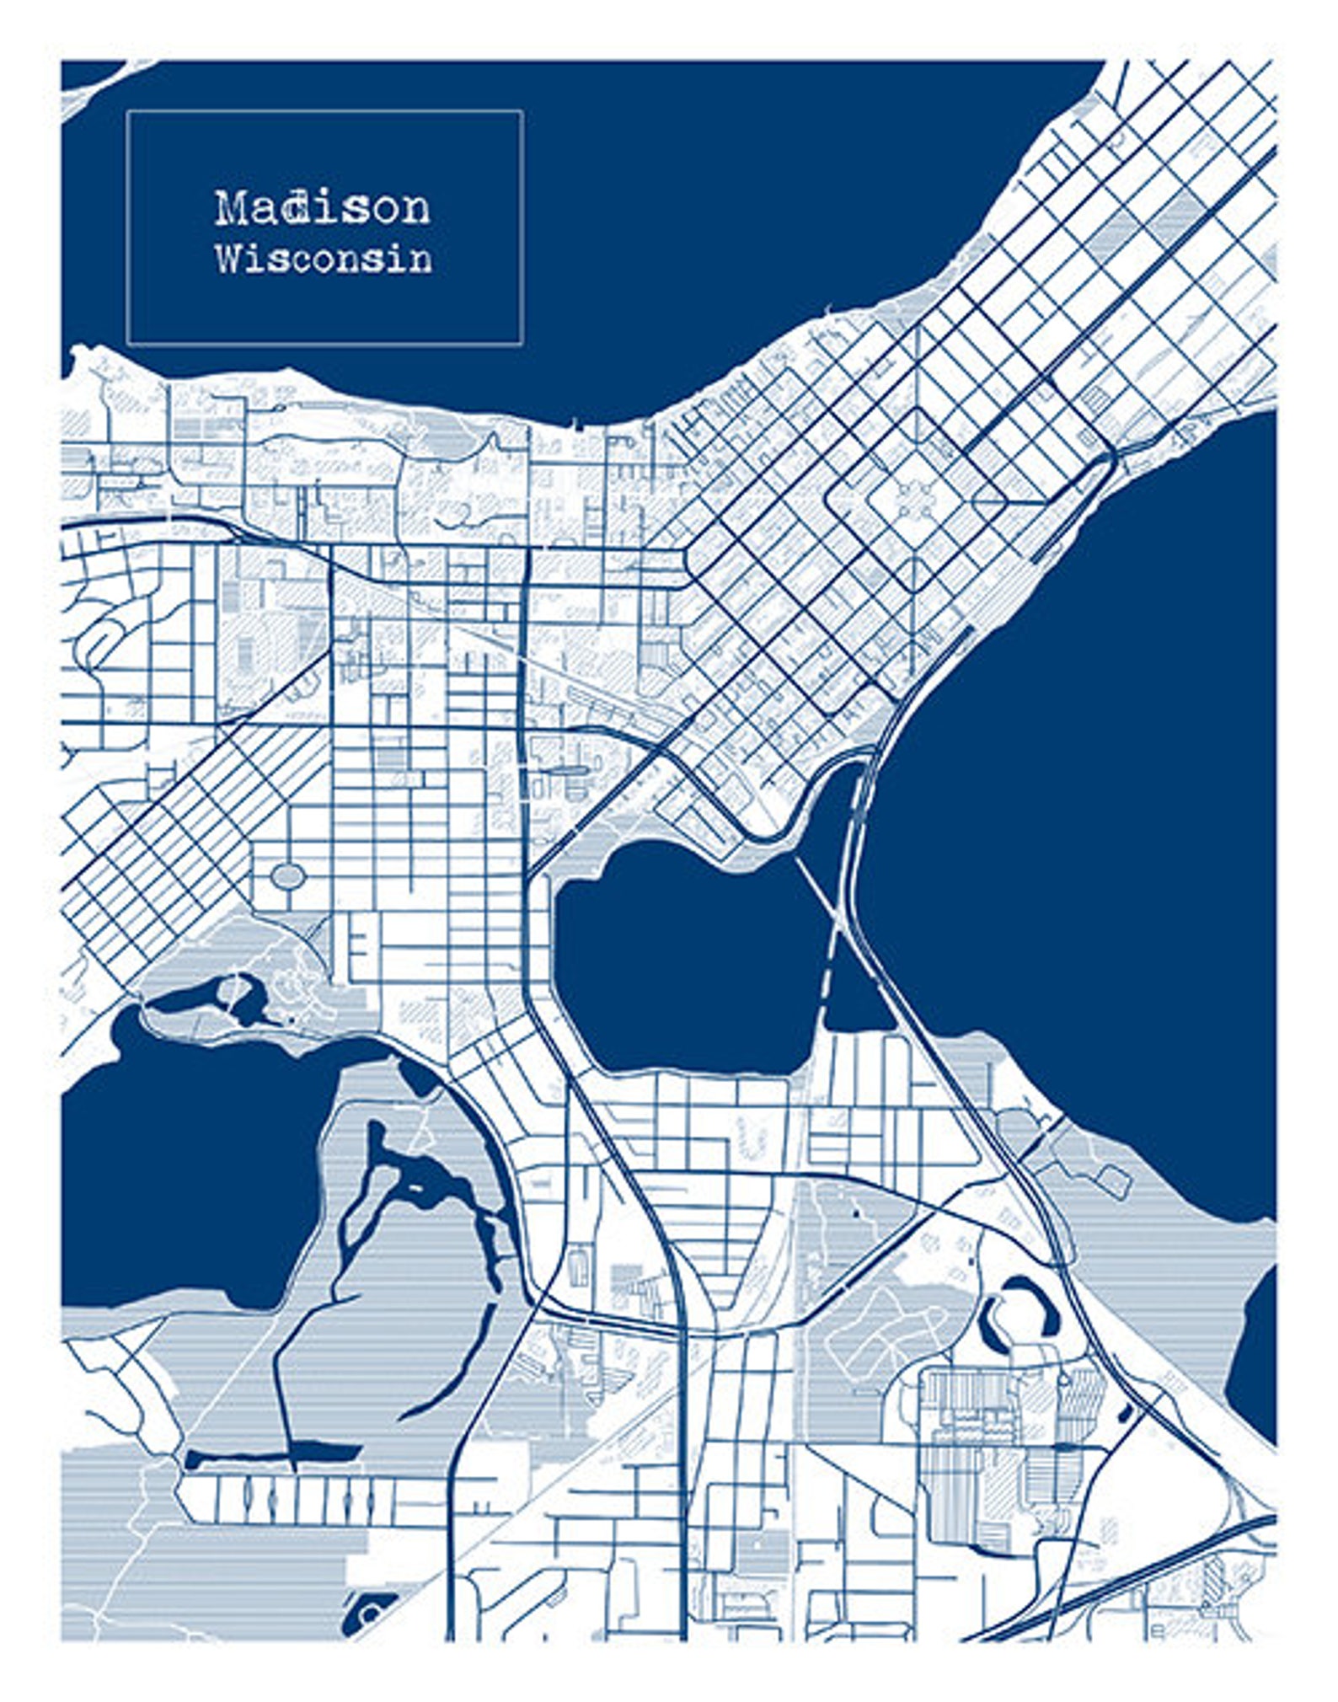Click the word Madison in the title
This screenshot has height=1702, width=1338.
tap(322, 207)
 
